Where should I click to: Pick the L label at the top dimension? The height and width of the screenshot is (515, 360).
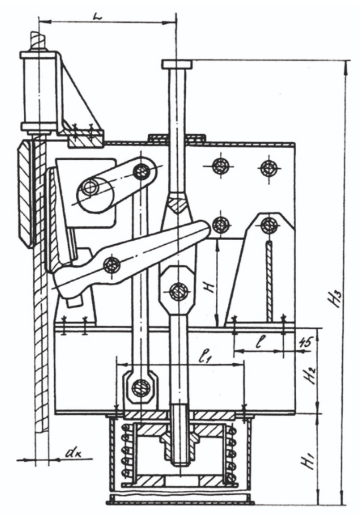coord(97,17)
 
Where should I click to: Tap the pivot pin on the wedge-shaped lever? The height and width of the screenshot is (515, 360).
coord(111,265)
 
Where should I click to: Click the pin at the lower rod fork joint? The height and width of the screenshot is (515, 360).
coord(179,290)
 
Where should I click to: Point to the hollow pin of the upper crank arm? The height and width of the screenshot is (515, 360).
coord(89,187)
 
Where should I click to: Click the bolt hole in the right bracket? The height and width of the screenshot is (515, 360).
coord(269,225)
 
